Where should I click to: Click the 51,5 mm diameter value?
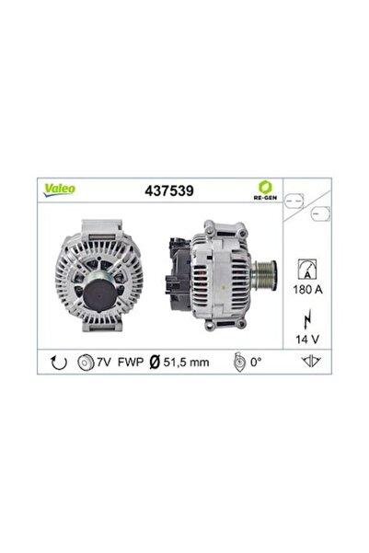pos(187,363)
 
